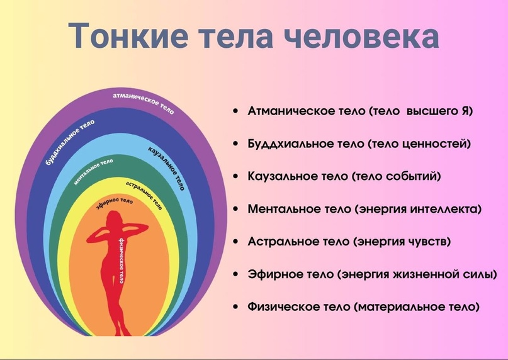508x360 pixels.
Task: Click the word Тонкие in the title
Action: (x=128, y=35)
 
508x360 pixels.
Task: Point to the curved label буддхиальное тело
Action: (x=70, y=142)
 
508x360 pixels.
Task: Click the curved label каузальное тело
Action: (x=167, y=168)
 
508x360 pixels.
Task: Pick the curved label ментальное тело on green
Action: (x=93, y=172)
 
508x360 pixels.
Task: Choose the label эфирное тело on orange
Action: (x=115, y=203)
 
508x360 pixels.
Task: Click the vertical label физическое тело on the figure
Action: (x=121, y=261)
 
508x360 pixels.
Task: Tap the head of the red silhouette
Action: (x=114, y=218)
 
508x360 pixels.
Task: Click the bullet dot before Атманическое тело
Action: (x=235, y=111)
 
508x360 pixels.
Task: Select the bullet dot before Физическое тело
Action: (x=235, y=307)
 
